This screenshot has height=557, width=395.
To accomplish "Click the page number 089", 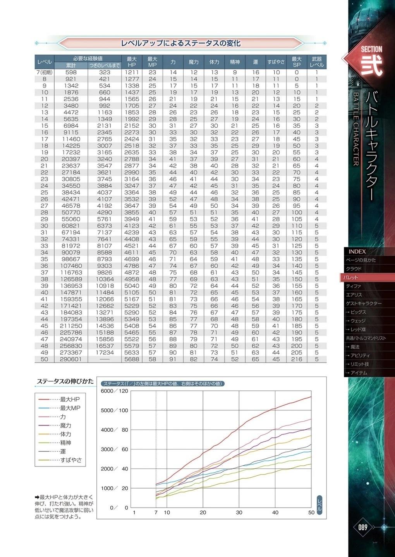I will (362, 527).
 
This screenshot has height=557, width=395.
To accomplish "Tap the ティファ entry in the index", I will (353, 286).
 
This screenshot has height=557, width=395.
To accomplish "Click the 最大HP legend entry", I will (70, 399).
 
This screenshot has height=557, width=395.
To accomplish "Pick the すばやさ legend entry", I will (71, 460).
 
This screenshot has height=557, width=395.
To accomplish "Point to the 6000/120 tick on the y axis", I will (114, 391).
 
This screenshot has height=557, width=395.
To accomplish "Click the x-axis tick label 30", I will (239, 513).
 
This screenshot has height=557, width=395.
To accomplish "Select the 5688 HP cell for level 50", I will (132, 359).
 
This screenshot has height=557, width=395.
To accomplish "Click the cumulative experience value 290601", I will (71, 359).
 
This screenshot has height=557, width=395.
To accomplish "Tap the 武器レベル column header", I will (316, 62).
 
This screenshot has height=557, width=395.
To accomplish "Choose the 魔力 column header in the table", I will (194, 62).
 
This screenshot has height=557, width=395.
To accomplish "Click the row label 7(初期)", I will (44, 72).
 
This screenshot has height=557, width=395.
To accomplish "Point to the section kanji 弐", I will (371, 65).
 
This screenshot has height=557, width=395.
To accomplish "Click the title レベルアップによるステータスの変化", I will (180, 43).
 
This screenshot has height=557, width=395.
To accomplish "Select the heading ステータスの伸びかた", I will (65, 381).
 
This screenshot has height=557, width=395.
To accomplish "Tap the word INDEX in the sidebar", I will (357, 251).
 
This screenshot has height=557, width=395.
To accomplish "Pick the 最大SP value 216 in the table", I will (297, 359).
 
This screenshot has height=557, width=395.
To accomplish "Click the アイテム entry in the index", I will (358, 372).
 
